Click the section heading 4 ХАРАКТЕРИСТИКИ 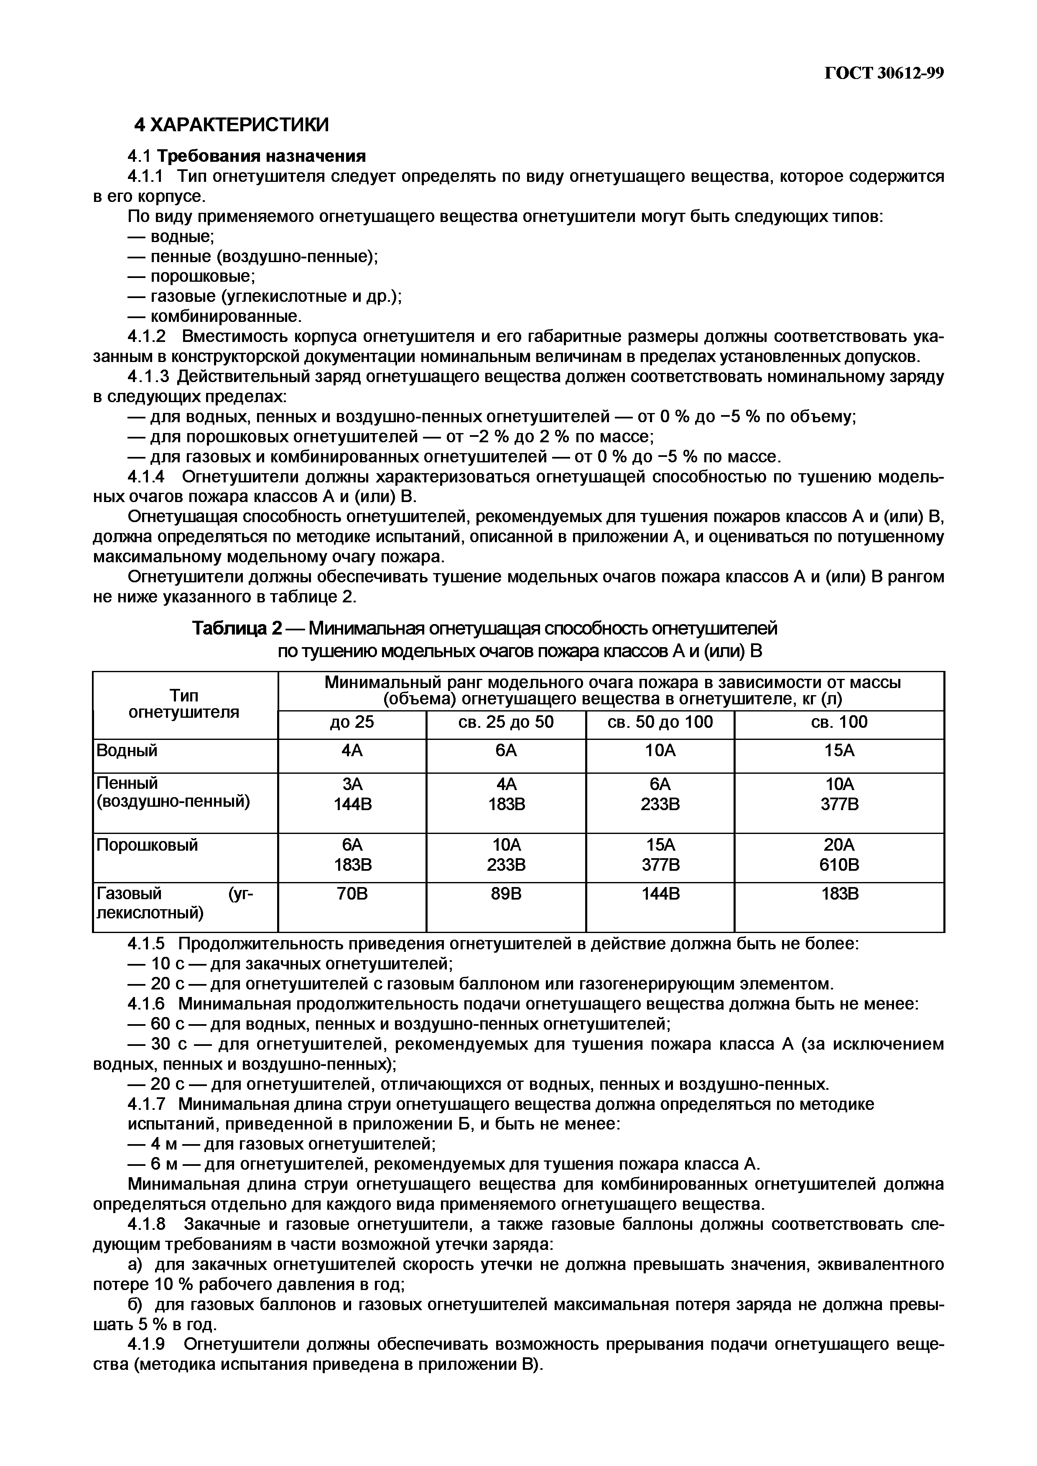click(x=231, y=125)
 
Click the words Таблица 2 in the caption click(x=237, y=629)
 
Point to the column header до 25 click(x=352, y=722)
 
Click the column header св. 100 click(x=838, y=722)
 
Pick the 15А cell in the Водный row click(x=839, y=750)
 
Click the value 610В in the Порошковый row click(x=839, y=865)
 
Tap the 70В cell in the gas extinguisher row click(x=352, y=894)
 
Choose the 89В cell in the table click(x=506, y=894)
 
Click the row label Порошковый click(x=147, y=845)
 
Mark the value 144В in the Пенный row click(x=352, y=804)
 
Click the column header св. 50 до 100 click(x=660, y=722)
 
